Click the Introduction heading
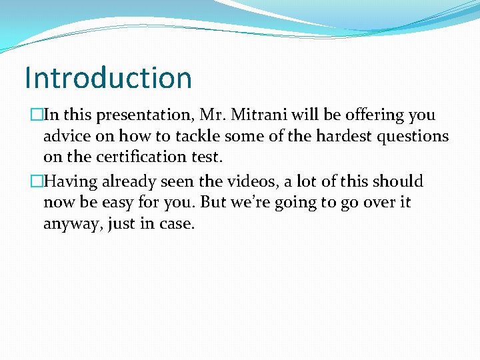point(108,77)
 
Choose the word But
point(214,202)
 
